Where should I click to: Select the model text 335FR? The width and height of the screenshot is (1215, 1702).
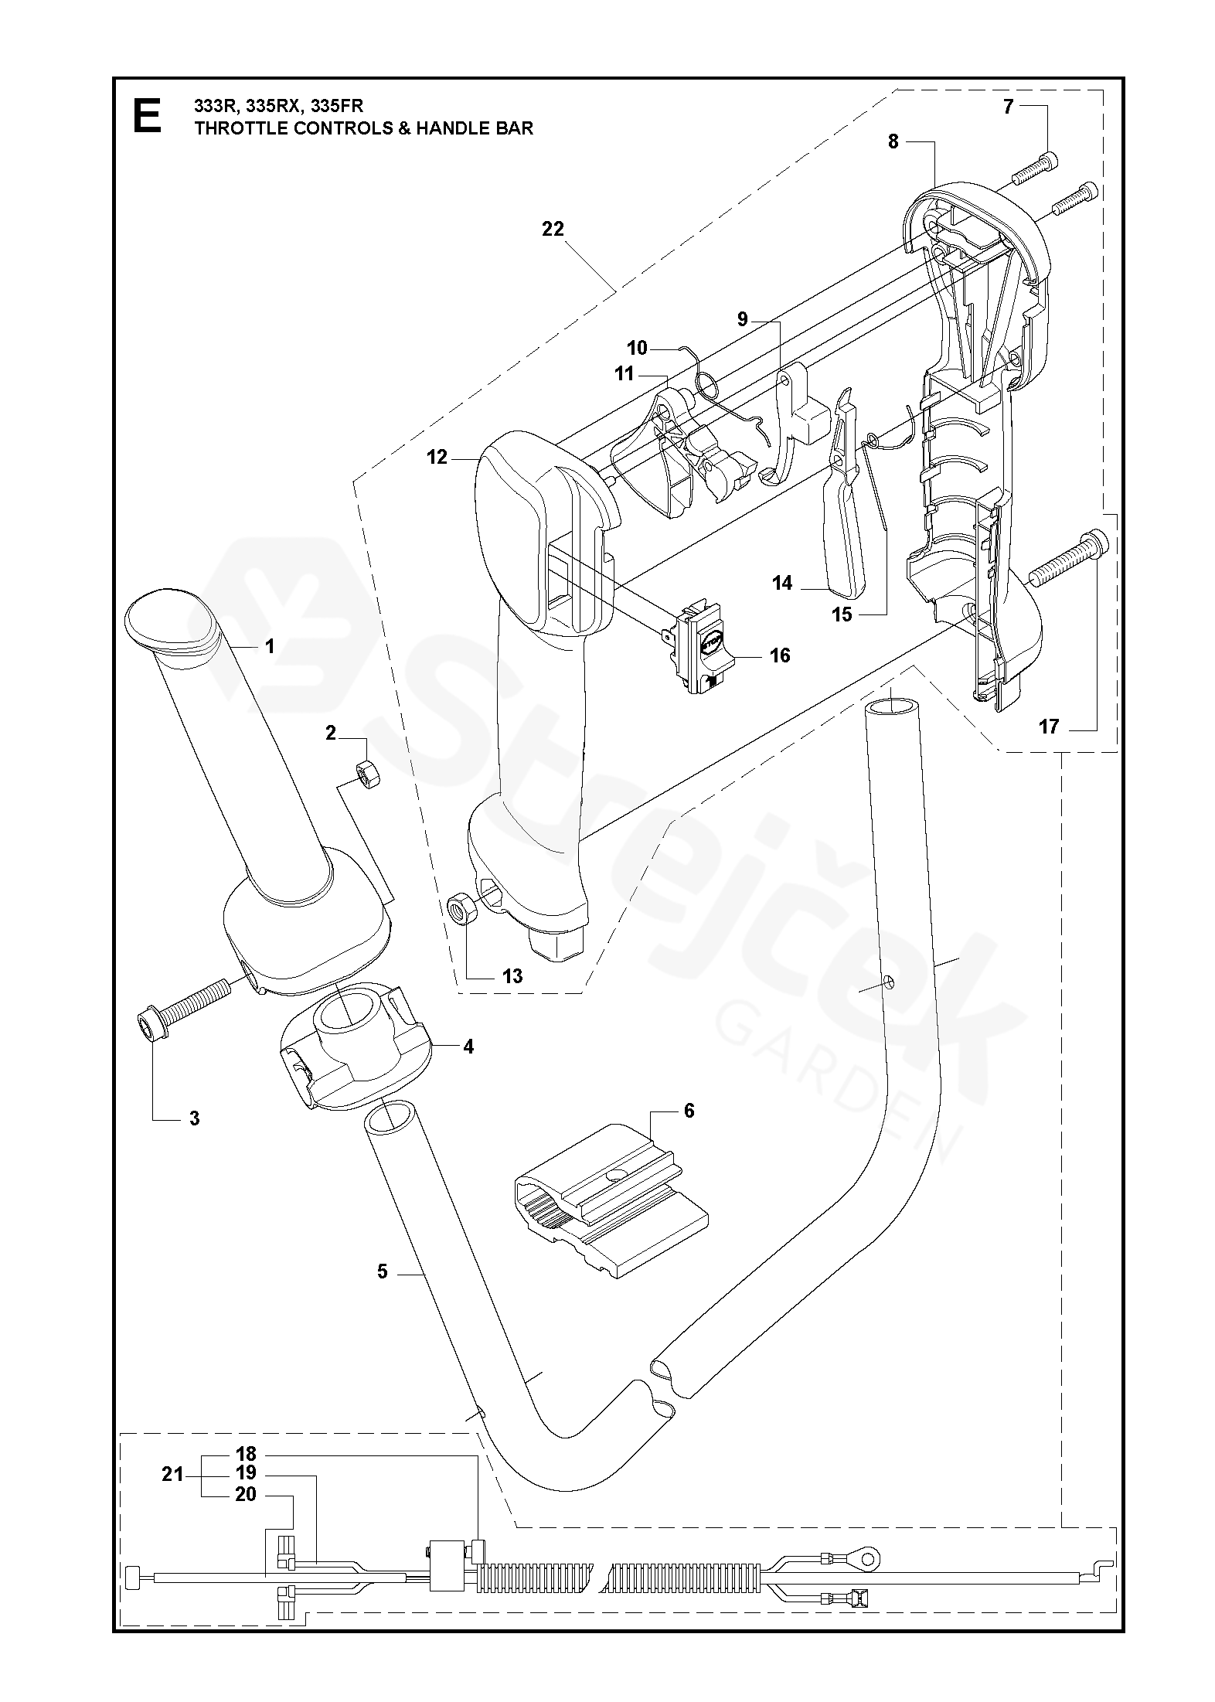tap(337, 106)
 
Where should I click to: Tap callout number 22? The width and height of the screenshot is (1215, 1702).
tap(553, 229)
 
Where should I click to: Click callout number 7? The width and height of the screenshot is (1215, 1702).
tap(1008, 107)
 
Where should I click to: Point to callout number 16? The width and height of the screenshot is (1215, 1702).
tap(780, 655)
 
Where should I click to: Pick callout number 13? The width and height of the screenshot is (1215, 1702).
tap(512, 976)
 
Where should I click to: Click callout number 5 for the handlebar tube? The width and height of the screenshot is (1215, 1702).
tap(383, 1271)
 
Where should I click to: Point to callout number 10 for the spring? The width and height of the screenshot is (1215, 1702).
tap(637, 348)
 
